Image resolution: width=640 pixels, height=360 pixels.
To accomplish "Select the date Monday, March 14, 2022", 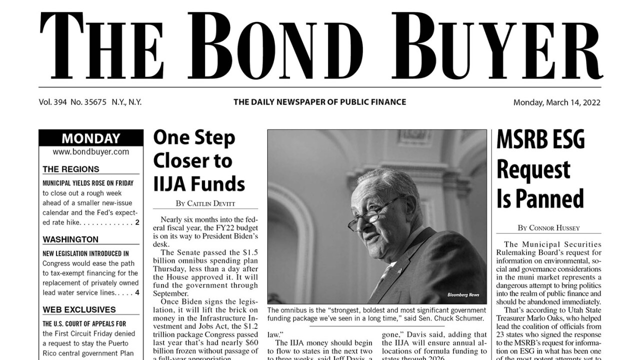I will pos(556,102).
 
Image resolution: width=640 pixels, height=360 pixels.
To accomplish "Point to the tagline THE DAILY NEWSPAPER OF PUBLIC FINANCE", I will pos(319,102).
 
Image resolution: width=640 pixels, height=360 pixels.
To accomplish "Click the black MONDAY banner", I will pos(90,138).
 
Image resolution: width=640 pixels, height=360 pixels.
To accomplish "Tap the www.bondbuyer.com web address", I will pos(90,151).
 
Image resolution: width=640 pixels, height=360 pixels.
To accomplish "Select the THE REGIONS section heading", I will pos(70,169).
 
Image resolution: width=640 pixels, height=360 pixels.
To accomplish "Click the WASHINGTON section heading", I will pos(70,239).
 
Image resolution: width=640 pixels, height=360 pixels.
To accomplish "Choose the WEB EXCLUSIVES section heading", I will pos(79,309).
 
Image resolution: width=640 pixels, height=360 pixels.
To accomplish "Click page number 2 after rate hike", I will pos(137,222).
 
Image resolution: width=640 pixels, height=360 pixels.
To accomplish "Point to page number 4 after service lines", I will pos(137,292).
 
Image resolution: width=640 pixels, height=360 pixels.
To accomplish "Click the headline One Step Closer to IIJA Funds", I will pos(199,161).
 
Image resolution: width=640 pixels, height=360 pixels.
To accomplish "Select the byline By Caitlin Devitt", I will pos(205,203).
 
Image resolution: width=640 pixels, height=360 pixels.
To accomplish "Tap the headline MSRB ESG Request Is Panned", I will pos(540,169).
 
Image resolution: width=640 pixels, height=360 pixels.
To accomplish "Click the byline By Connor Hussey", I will pos(548,228).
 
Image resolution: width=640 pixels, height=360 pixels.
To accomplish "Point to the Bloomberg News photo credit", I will pos(463,294).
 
